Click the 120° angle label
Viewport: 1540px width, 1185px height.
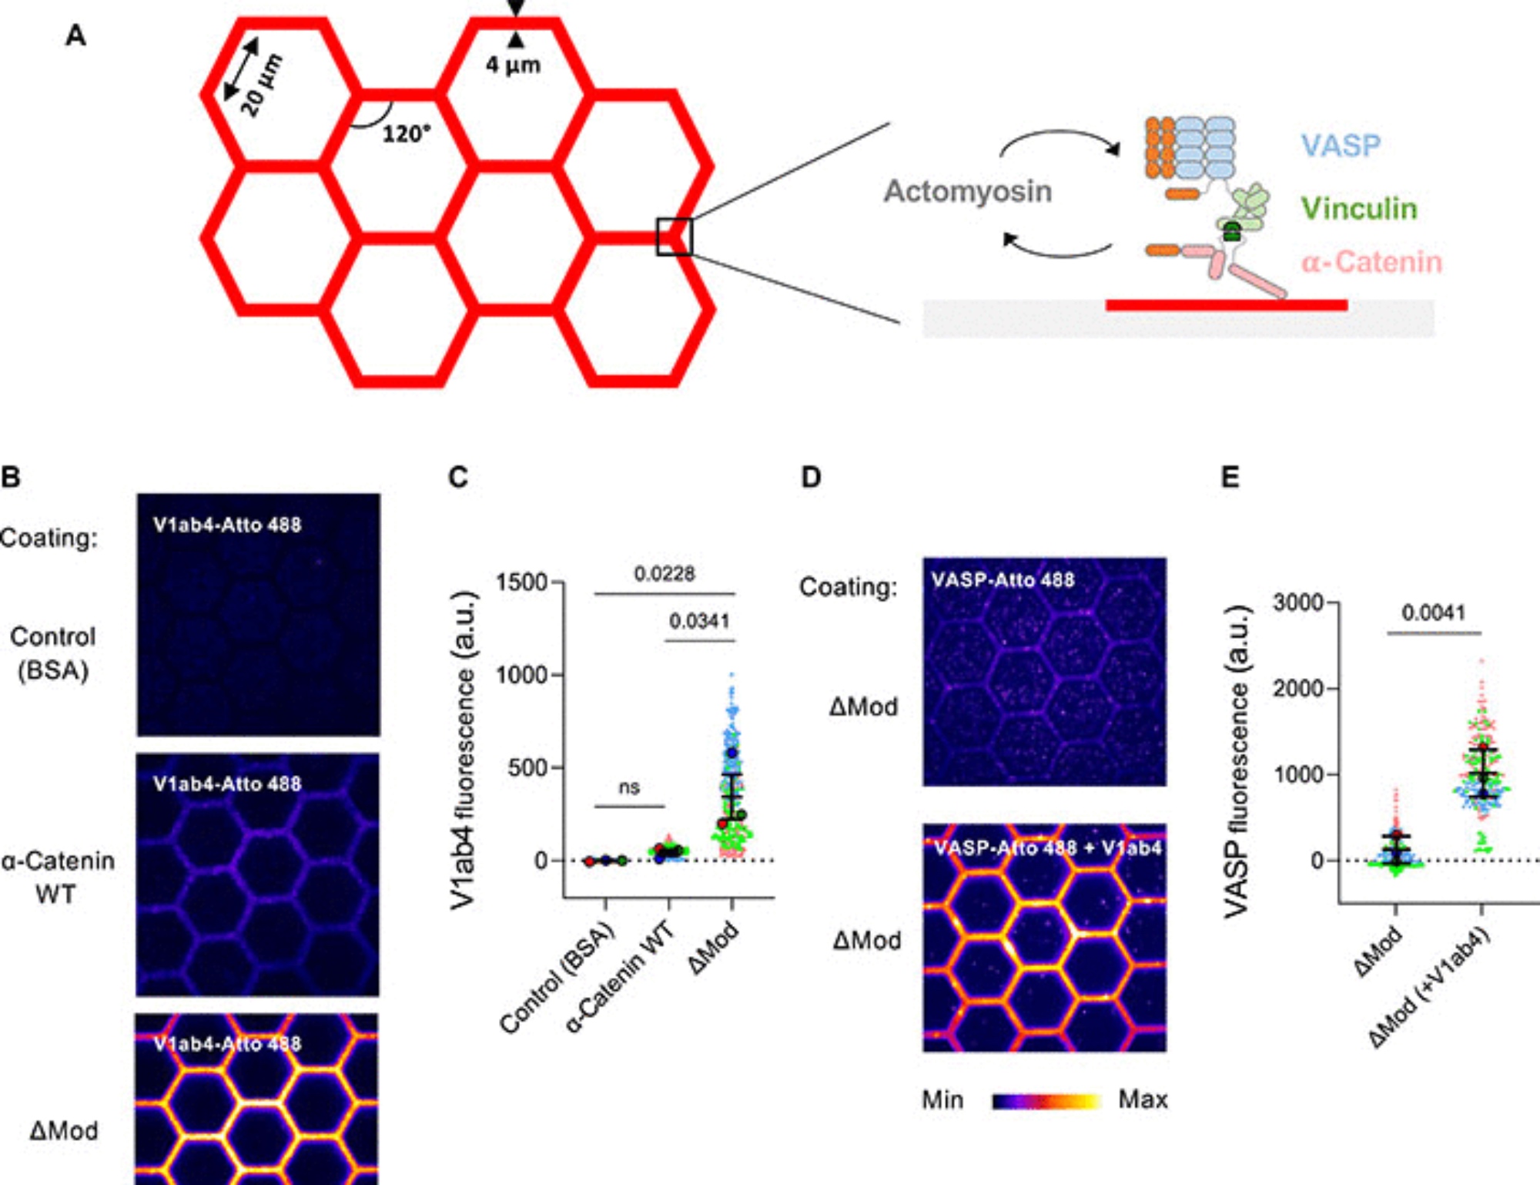click(x=406, y=134)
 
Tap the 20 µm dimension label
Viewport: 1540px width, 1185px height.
click(x=262, y=85)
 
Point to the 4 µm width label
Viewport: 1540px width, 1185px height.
click(x=513, y=65)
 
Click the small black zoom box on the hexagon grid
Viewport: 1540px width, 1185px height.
click(x=674, y=237)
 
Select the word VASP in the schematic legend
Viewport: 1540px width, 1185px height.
click(x=1341, y=146)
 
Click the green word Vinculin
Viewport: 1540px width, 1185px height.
click(x=1358, y=209)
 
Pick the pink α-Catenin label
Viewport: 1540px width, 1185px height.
click(x=1371, y=263)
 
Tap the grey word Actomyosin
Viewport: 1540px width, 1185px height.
click(x=967, y=191)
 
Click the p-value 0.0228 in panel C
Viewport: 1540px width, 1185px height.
click(x=664, y=574)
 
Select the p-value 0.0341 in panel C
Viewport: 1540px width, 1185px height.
click(x=698, y=621)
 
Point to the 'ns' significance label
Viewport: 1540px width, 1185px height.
click(x=629, y=787)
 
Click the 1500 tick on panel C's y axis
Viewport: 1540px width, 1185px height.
click(x=521, y=582)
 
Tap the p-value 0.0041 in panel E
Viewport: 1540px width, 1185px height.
click(x=1433, y=613)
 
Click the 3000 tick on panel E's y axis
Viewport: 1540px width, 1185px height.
click(x=1297, y=603)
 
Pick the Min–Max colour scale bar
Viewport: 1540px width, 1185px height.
click(x=1046, y=1101)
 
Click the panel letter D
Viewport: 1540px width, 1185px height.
click(x=811, y=478)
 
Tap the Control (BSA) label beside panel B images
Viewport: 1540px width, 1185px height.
click(x=53, y=653)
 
